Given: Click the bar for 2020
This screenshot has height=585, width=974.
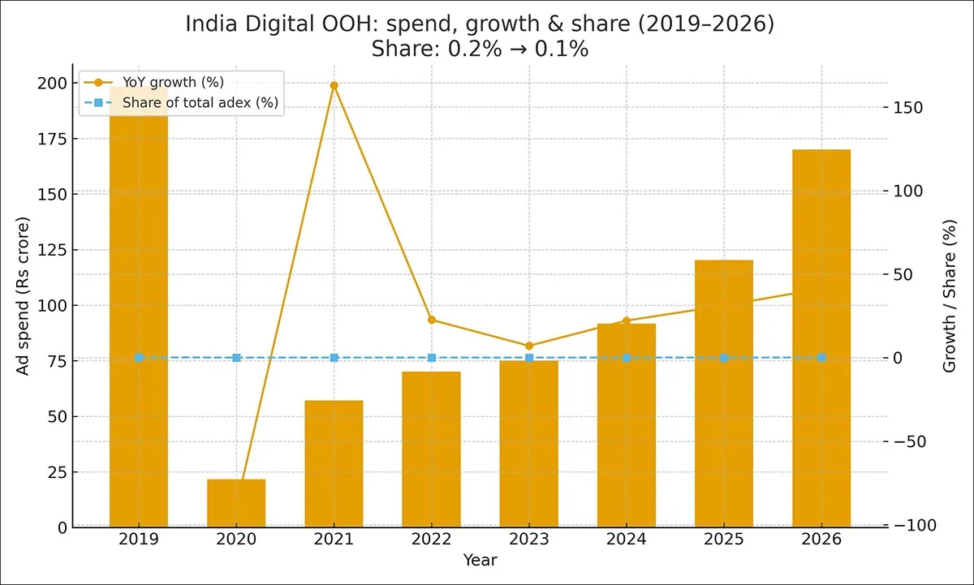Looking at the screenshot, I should click(236, 503).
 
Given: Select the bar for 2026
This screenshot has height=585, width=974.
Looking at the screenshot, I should click(821, 338).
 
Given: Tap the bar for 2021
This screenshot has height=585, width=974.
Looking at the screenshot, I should click(334, 463).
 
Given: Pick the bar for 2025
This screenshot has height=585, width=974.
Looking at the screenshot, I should click(724, 394).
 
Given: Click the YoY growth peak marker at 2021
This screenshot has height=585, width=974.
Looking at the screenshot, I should click(334, 85).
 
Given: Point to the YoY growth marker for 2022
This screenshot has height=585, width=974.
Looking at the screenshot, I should click(432, 320).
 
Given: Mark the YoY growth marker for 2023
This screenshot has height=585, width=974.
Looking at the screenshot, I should click(529, 346).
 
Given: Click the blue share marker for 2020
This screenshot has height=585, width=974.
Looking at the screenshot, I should click(236, 358).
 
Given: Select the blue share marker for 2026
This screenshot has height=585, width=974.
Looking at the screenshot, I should click(821, 358).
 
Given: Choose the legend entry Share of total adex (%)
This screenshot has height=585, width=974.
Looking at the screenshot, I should click(200, 103).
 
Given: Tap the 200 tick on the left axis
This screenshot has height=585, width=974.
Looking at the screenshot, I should click(51, 84).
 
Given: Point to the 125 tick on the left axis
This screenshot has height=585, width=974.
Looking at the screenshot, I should click(51, 250).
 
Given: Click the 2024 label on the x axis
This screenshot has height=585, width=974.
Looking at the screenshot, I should click(627, 540).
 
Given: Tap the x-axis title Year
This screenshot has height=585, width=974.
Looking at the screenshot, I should click(480, 560).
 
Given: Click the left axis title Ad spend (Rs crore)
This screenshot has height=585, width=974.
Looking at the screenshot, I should click(23, 296).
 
